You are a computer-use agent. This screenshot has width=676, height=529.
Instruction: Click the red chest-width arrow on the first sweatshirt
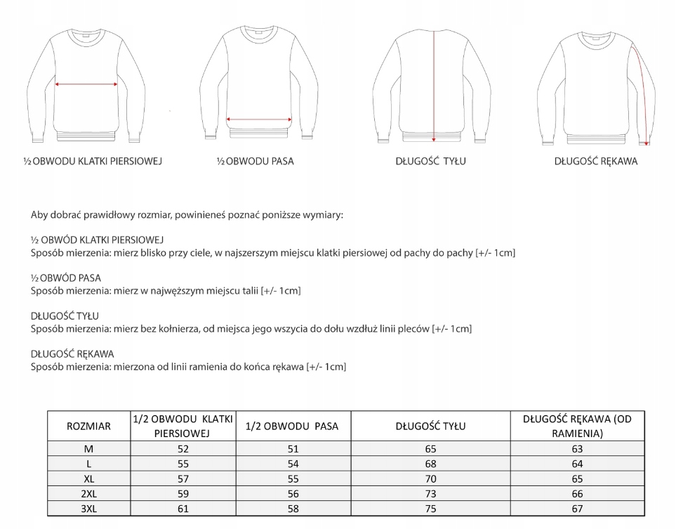coord(86,84)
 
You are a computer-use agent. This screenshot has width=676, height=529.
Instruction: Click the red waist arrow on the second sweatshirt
coord(259,119)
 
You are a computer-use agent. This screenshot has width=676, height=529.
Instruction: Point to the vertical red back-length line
coord(434,84)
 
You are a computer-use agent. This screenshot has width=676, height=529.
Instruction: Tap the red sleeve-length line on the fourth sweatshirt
coord(642,91)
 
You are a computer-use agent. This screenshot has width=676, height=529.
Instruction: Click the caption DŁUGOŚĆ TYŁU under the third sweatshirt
coord(430,161)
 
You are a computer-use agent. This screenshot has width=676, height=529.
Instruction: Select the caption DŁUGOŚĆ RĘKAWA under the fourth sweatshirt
coord(595,161)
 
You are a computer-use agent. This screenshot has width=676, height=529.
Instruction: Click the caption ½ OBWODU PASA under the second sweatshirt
coord(255,161)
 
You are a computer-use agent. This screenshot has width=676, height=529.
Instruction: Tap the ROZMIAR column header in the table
coord(88,426)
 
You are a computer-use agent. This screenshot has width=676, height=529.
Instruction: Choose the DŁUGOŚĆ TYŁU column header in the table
coord(430,426)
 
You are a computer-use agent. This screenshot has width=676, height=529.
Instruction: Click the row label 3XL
coord(88,509)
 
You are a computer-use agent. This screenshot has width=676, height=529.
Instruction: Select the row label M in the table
coord(88,448)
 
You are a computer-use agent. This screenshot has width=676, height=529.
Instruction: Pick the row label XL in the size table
coord(88,478)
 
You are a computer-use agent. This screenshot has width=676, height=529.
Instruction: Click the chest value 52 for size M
coord(183,448)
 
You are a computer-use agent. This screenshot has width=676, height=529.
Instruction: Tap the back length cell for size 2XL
coord(430,494)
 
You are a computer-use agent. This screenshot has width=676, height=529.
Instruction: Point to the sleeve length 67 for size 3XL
coord(577,509)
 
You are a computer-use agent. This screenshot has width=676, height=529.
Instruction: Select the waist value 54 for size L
coord(293,464)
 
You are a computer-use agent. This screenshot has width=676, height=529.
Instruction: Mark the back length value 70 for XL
coord(430,478)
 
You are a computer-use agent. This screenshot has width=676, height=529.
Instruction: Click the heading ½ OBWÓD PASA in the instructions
coord(66,277)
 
